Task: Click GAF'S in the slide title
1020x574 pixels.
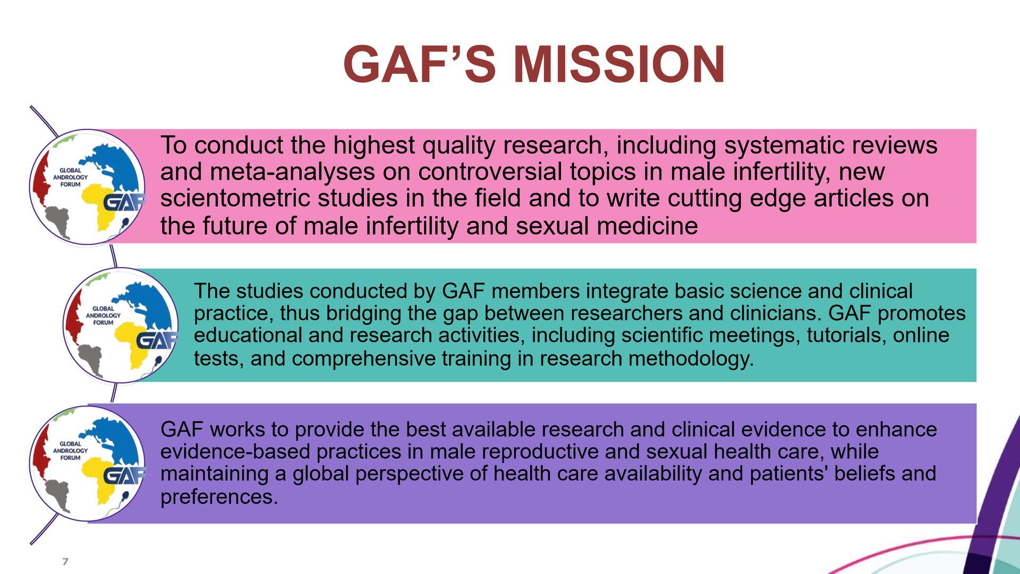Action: (420, 64)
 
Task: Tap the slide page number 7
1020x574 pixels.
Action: (65, 561)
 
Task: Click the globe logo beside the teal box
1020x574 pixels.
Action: (121, 325)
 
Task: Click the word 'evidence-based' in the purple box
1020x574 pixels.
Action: (235, 452)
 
